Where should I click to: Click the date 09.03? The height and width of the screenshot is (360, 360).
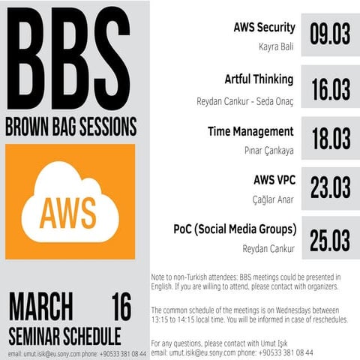coord(330,34)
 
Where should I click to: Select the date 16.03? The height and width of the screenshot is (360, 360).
coord(330,88)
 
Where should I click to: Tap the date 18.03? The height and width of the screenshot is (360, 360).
coord(330,138)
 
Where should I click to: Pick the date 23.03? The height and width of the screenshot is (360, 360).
coord(330,187)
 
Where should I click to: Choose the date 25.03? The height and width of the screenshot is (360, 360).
coord(330,240)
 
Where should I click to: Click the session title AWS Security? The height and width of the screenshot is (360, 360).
coord(265,28)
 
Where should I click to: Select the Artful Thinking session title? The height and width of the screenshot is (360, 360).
coord(259,79)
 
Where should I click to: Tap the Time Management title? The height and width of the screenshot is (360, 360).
coord(250,131)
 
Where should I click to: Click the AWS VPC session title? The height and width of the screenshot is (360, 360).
coord(274,180)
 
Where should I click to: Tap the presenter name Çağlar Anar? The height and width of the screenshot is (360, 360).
coord(273,199)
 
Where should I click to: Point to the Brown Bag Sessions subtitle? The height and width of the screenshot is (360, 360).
coord(71,124)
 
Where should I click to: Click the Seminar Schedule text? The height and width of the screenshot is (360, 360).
coord(64,332)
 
